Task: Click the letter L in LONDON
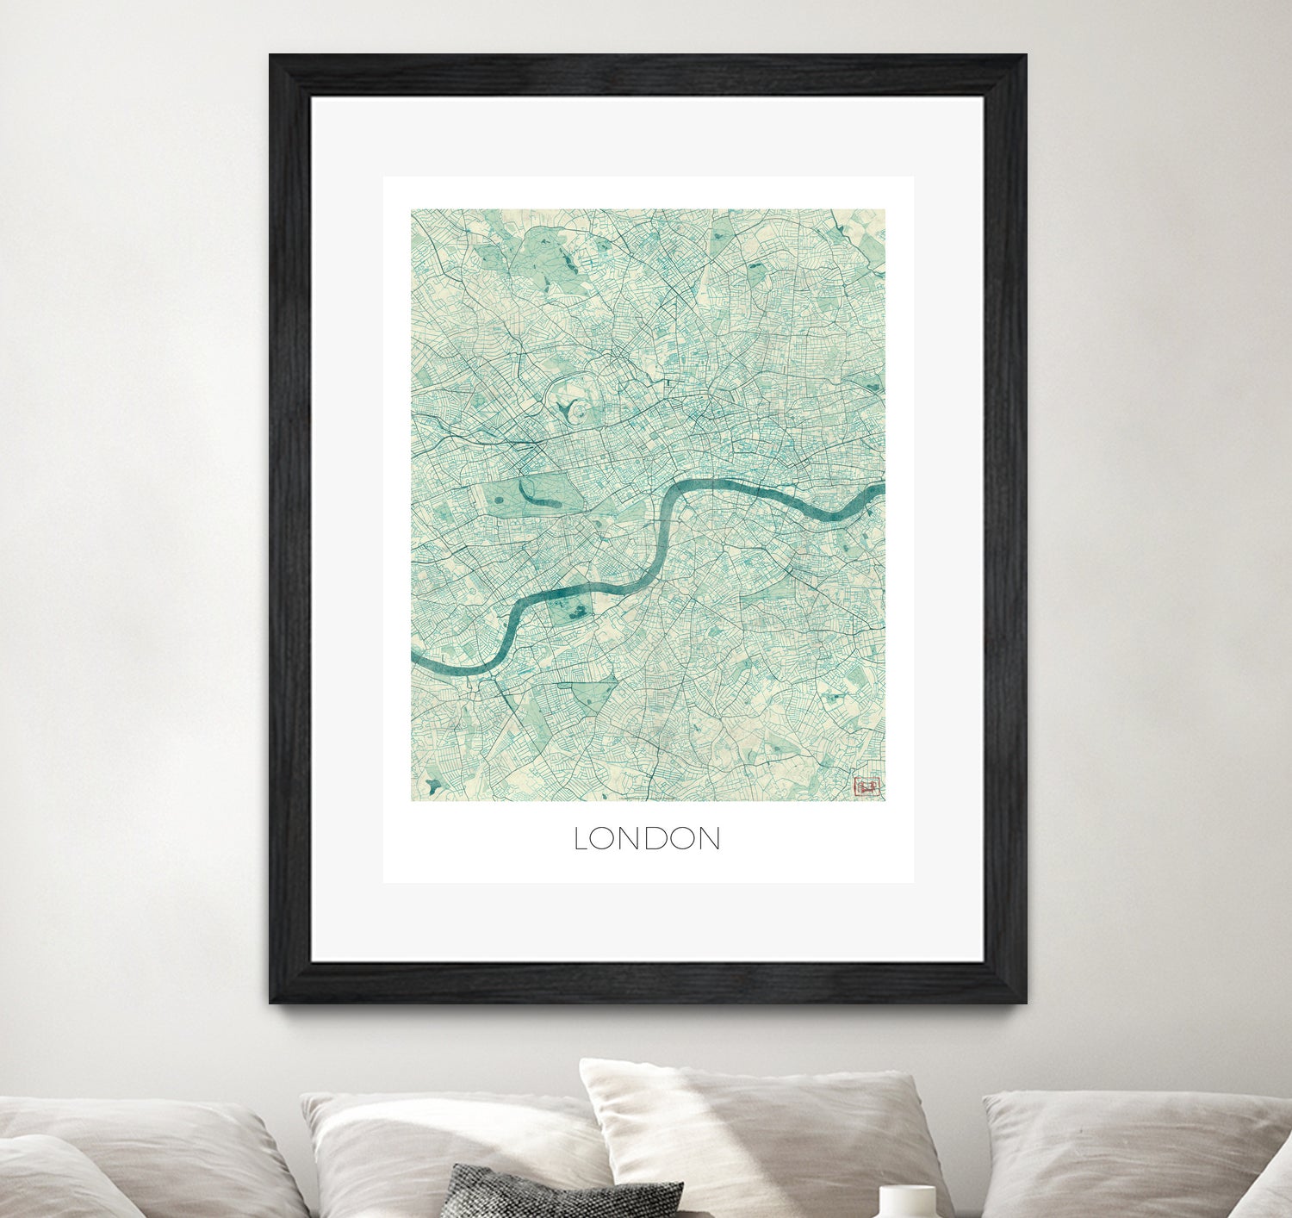click(x=581, y=840)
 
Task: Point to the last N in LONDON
click(x=709, y=840)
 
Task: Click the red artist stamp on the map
click(x=867, y=786)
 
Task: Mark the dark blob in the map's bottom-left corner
click(x=433, y=785)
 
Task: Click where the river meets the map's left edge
click(x=414, y=657)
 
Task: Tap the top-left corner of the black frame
click(x=272, y=57)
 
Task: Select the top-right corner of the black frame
click(x=1024, y=57)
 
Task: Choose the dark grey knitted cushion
click(x=564, y=1193)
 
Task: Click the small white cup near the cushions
click(x=906, y=1201)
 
